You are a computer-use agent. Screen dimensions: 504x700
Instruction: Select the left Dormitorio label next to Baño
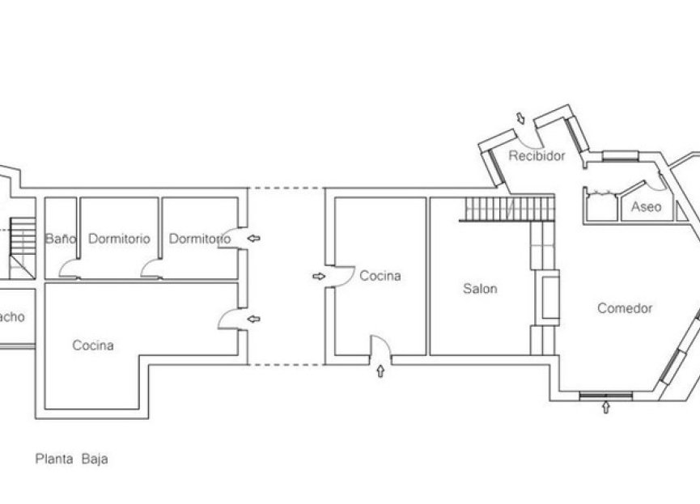[119, 239]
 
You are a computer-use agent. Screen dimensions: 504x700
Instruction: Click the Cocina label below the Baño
[93, 345]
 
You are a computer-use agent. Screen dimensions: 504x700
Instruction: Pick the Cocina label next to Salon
[380, 276]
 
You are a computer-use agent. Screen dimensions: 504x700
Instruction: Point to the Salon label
[480, 289]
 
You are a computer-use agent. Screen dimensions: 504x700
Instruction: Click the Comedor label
[625, 308]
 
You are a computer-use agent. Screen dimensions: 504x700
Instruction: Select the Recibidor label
[537, 155]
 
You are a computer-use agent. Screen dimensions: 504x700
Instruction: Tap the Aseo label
[646, 207]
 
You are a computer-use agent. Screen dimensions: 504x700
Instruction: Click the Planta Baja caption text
[71, 459]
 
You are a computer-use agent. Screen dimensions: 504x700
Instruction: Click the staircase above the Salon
[508, 209]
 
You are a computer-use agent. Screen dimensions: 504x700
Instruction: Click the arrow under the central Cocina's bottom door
[382, 372]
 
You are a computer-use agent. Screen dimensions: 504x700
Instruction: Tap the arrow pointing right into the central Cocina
[318, 276]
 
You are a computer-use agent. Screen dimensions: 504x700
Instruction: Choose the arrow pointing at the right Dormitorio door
[255, 239]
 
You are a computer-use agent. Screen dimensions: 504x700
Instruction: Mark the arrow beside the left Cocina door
[255, 320]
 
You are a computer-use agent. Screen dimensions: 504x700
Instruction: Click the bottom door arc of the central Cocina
[381, 346]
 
